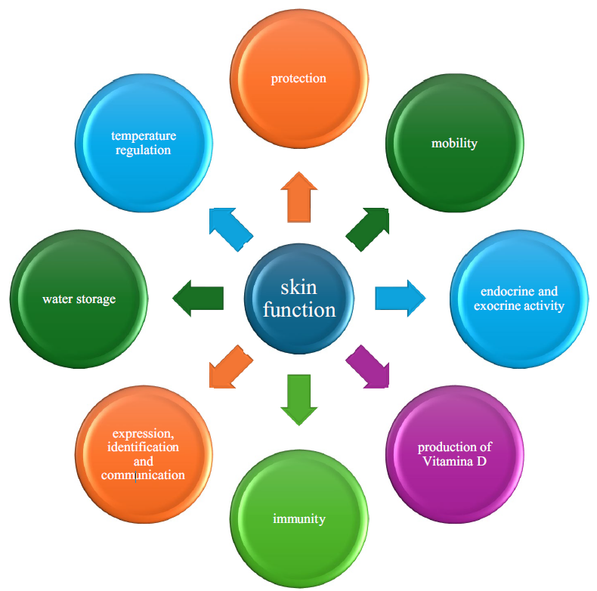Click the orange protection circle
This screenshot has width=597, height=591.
tap(298, 80)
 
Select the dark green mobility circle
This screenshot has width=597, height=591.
tap(454, 144)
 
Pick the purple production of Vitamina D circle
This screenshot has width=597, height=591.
tap(454, 453)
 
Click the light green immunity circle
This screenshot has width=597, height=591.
tap(298, 518)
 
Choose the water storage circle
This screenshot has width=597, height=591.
tap(79, 299)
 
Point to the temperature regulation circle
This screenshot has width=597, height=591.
tap(144, 144)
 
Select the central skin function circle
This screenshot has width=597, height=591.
tap(298, 299)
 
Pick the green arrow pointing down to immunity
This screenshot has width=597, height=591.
tap(299, 400)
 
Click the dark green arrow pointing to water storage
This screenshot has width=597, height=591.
tap(198, 298)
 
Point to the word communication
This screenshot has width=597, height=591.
tap(143, 475)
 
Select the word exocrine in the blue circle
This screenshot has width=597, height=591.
tap(499, 306)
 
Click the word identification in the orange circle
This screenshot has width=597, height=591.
tap(143, 447)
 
